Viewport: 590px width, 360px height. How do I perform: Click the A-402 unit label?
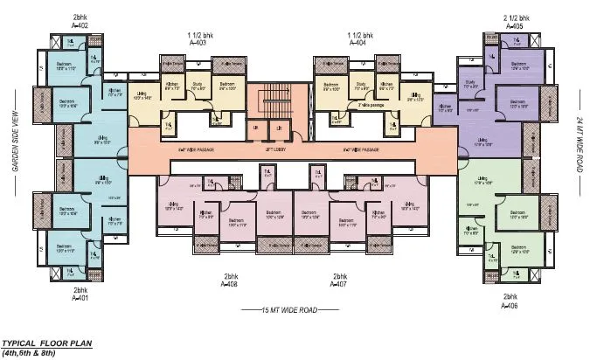pos(80,26)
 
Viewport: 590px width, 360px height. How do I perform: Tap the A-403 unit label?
pos(198,42)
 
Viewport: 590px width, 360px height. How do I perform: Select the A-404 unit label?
pos(357,42)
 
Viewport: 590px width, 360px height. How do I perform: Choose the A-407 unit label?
pos(341,285)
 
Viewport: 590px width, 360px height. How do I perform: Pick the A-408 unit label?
pos(230,285)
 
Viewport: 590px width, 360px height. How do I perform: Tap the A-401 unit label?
pos(80,297)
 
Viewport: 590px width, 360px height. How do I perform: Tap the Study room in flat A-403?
pos(198,87)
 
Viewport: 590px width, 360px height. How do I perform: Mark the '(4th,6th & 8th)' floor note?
pos(33,353)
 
